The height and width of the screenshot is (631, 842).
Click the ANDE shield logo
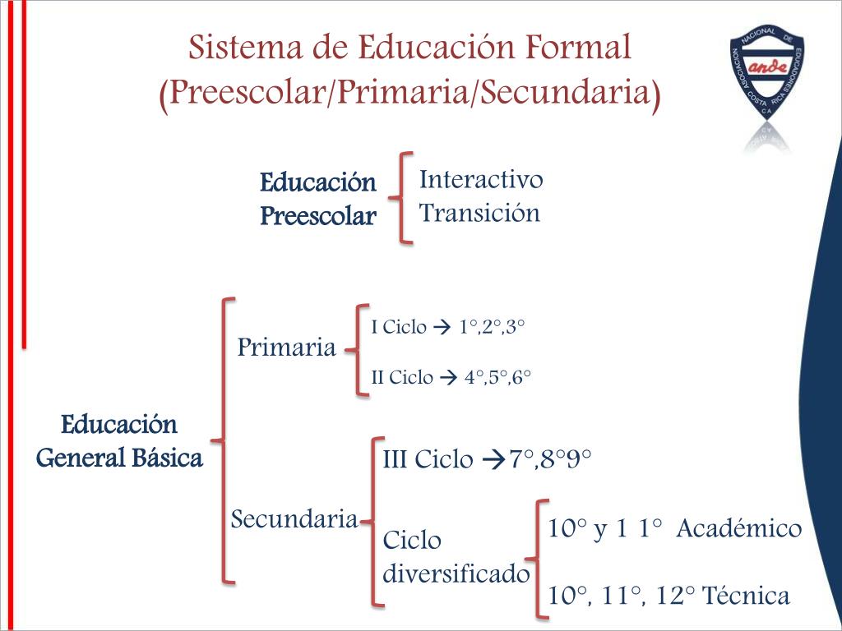pos(768,82)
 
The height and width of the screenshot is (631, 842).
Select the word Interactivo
pos(481,179)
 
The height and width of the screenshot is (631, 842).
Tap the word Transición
pos(479,213)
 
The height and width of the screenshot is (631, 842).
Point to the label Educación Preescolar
pos(318,199)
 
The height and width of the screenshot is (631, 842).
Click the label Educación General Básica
pos(120,441)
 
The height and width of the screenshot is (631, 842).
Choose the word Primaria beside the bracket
pos(286,348)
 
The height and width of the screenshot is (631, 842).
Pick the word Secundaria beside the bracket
pos(294,519)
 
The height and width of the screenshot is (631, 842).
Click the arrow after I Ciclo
pos(437,328)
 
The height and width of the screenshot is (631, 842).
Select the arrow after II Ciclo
pos(448,378)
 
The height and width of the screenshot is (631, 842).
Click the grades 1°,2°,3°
pos(492,327)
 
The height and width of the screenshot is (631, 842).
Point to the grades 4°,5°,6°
pos(498,378)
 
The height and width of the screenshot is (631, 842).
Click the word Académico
pos(739,528)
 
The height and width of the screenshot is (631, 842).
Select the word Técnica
pos(747,596)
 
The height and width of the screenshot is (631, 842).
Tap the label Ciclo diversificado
pos(456,557)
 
